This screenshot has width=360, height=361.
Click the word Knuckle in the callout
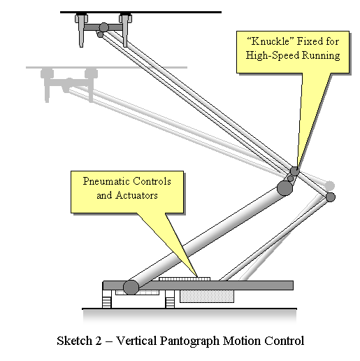pyautogui.click(x=270, y=41)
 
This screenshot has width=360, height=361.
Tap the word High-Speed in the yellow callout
pyautogui.click(x=273, y=55)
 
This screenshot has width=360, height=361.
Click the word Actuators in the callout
pyautogui.click(x=136, y=195)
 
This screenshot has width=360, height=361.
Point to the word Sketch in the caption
pyautogui.click(x=75, y=341)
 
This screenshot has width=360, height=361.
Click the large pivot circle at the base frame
pyautogui.click(x=131, y=288)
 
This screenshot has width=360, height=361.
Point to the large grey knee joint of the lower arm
pyautogui.click(x=285, y=188)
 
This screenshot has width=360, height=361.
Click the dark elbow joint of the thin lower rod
pyautogui.click(x=330, y=197)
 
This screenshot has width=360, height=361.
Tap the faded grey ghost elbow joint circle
pyautogui.click(x=330, y=186)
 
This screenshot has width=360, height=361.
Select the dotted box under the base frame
pyautogui.click(x=207, y=297)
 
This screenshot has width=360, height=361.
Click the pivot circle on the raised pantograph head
pyautogui.click(x=103, y=27)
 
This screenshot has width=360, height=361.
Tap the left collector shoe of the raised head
pyautogui.click(x=81, y=30)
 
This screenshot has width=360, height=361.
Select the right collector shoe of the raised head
pyautogui.click(x=125, y=30)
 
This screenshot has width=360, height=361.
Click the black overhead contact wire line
pyautogui.click(x=141, y=12)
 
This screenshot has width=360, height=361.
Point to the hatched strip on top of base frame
pyautogui.click(x=185, y=279)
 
